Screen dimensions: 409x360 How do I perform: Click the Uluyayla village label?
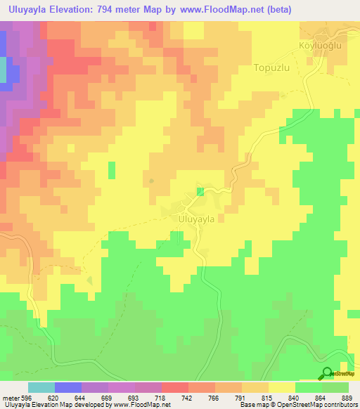[x=192, y=219]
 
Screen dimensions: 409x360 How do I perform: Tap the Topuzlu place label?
[x=272, y=70]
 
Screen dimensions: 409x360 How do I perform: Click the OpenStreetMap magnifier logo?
[x=327, y=373]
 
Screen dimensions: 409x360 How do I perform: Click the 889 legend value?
[x=348, y=397]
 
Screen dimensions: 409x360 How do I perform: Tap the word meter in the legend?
[x=10, y=397]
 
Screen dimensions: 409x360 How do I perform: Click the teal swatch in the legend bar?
[x=41, y=387]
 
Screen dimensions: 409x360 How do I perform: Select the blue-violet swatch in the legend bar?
[x=68, y=387]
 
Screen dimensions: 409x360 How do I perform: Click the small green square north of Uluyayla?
[x=200, y=191]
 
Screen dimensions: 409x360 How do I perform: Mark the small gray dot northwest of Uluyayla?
[x=152, y=180]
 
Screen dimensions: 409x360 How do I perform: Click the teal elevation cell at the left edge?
[x=3, y=70]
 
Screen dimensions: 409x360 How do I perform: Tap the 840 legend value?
[x=295, y=397]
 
